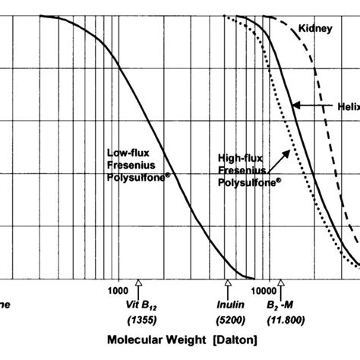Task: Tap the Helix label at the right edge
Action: pyautogui.click(x=349, y=107)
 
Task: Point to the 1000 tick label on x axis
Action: pyautogui.click(x=118, y=290)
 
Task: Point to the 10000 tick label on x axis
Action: pyautogui.click(x=264, y=290)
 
